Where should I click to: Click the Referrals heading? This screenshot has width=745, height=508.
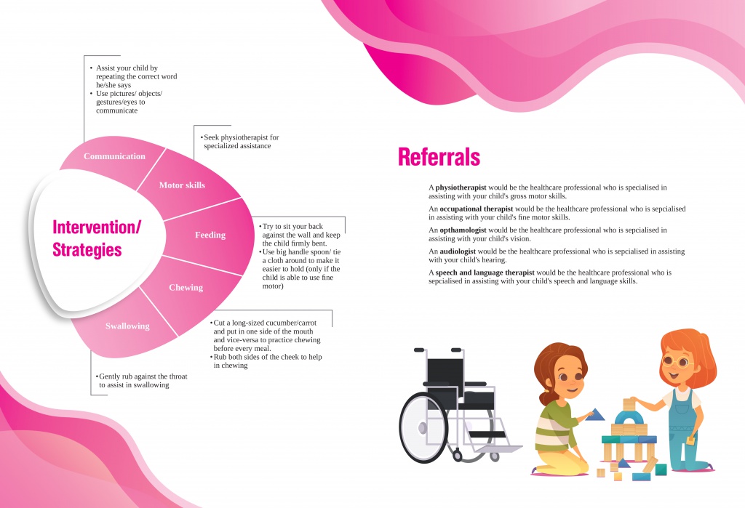click(x=439, y=157)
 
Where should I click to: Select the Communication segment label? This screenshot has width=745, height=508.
click(x=114, y=156)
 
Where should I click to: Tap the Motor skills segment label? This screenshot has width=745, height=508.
click(x=182, y=185)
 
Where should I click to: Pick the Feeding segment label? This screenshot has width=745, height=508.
click(x=210, y=235)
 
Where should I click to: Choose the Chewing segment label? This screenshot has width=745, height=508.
click(x=186, y=287)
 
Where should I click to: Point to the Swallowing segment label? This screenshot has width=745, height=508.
click(x=127, y=326)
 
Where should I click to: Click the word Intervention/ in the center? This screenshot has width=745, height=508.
click(x=97, y=227)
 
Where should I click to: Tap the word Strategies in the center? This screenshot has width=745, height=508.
click(x=87, y=250)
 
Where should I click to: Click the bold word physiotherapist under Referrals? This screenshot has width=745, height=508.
click(x=461, y=188)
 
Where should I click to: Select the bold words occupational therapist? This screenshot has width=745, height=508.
click(x=476, y=209)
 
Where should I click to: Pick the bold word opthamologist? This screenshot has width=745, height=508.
click(x=463, y=230)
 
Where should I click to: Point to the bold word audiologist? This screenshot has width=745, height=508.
click(x=458, y=251)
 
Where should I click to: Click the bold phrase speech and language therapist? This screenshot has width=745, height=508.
click(x=485, y=273)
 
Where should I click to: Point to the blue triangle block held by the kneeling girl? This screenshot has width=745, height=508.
click(x=595, y=415)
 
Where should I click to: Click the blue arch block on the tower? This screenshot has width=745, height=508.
click(x=629, y=418)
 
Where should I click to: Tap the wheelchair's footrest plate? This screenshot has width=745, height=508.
click(x=499, y=448)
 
